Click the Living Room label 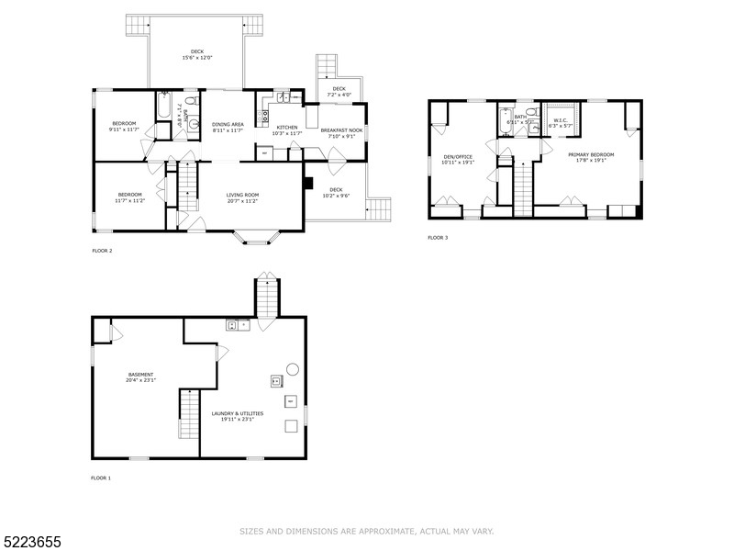[x=244, y=194]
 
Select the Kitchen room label [x=287, y=128]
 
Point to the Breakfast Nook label [x=341, y=129]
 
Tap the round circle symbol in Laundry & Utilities [x=292, y=368]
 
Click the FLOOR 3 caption [x=438, y=238]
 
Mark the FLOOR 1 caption [x=101, y=478]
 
